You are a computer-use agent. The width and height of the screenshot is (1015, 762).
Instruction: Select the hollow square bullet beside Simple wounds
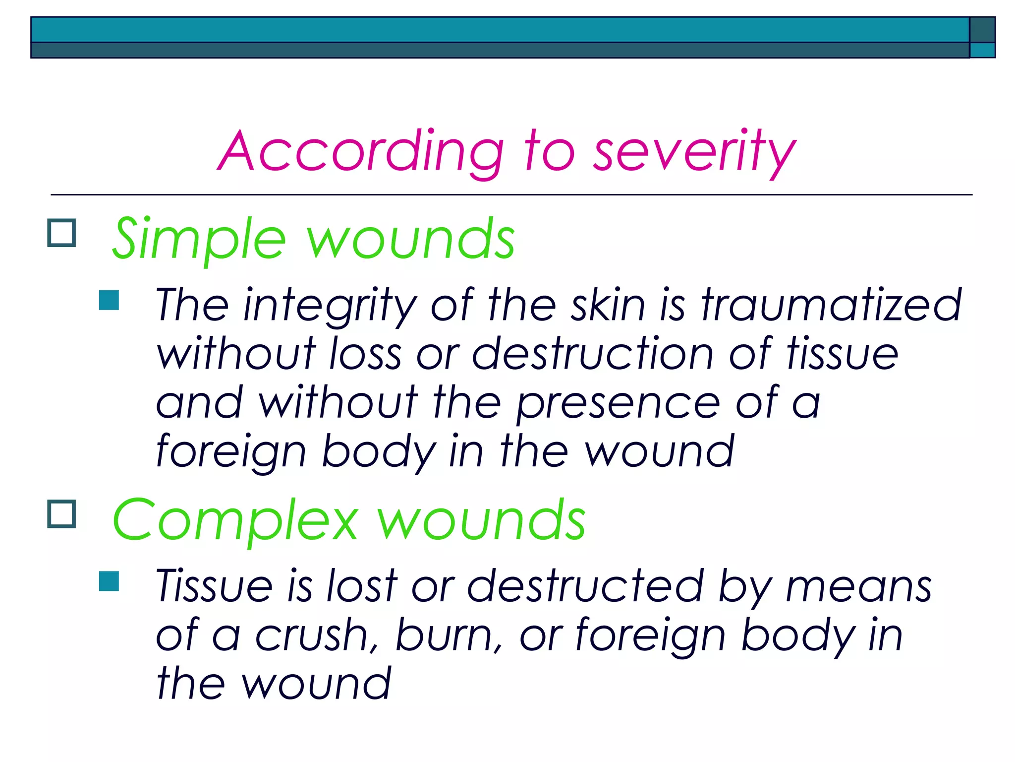tap(62, 233)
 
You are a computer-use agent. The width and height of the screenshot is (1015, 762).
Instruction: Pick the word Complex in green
tap(235, 521)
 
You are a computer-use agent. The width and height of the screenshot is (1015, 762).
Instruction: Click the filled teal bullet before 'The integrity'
tap(109, 300)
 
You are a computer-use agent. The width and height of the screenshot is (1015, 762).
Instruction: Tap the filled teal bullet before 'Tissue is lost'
tap(109, 581)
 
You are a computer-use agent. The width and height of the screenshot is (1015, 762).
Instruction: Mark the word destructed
tap(585, 586)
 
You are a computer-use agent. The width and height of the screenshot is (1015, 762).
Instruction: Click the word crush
tap(317, 635)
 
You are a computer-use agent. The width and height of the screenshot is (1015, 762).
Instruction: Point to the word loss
tap(365, 353)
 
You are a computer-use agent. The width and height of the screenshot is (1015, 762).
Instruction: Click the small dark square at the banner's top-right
tap(982, 30)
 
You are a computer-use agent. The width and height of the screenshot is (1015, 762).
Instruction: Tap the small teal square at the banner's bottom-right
tap(982, 50)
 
